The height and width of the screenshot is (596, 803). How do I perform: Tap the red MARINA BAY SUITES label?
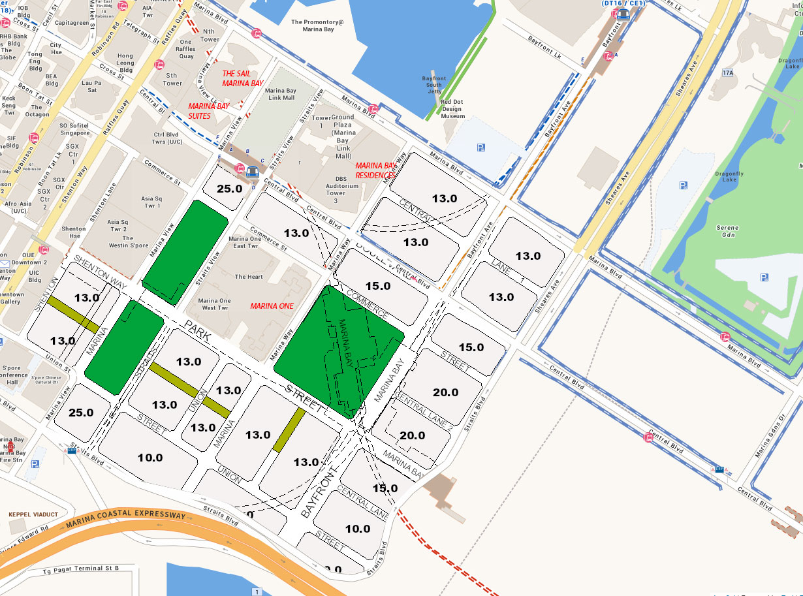coord(209,111)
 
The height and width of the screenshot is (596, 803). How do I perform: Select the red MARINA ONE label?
coord(272,306)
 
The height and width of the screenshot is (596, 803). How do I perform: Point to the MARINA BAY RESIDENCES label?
coord(376,170)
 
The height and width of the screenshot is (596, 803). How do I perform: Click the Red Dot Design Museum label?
coord(452,109)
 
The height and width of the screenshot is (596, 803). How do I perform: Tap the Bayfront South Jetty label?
coord(434,85)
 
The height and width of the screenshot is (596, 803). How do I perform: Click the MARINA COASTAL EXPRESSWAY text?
coord(125,518)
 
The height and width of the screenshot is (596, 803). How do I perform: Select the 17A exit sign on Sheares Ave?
coord(728,72)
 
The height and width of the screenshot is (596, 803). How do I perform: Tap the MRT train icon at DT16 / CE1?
coord(623,14)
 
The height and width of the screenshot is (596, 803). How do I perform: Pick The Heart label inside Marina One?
coord(249,277)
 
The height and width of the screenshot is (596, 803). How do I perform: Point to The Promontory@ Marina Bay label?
coord(317,25)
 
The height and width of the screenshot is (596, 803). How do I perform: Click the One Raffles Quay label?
coord(187,49)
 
